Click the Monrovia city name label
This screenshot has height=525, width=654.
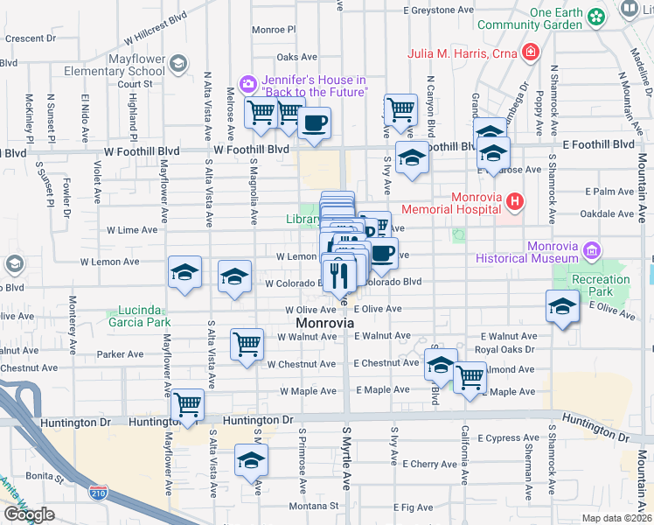(x=321, y=323)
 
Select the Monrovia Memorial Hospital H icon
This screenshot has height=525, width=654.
(x=515, y=202)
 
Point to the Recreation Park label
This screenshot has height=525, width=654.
(x=601, y=285)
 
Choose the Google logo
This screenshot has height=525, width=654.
(x=29, y=514)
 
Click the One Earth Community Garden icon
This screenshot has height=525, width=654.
(x=597, y=17)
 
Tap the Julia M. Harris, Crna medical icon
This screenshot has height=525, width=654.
(x=530, y=53)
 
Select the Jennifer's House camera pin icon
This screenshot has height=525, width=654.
(x=249, y=84)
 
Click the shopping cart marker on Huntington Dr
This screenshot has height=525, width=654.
(x=188, y=405)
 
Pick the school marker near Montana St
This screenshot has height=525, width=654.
(x=251, y=461)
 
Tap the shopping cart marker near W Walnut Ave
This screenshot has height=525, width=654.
(x=247, y=343)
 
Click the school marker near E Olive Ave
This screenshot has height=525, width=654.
(x=562, y=307)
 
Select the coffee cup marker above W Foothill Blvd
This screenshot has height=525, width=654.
(x=315, y=122)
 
